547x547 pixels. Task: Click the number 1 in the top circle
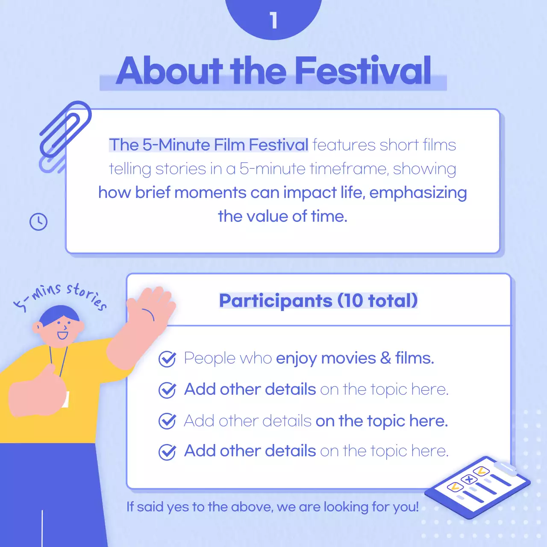tap(273, 20)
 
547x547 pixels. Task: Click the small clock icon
tap(38, 222)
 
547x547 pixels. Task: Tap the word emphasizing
tap(418, 193)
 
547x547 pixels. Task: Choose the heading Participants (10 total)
tap(318, 300)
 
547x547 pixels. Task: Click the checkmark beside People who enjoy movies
tap(167, 359)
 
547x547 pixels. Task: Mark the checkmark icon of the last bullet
tap(167, 452)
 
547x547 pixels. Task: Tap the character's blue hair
tap(60, 313)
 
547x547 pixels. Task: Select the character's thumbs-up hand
tap(38, 391)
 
